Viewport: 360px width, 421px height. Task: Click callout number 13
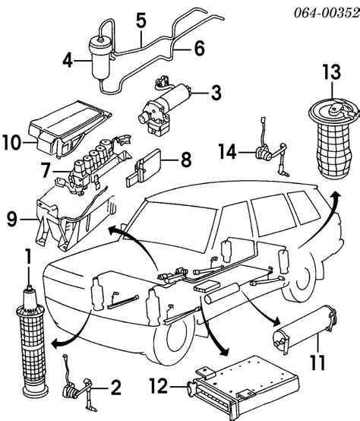(332, 72)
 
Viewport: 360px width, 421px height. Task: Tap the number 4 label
(68, 61)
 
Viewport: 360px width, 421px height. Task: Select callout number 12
(158, 386)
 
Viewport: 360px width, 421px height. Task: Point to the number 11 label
(317, 362)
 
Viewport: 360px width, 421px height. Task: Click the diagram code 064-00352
(327, 12)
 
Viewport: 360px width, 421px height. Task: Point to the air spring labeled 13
(333, 141)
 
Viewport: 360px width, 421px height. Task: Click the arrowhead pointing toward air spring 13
(336, 195)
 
